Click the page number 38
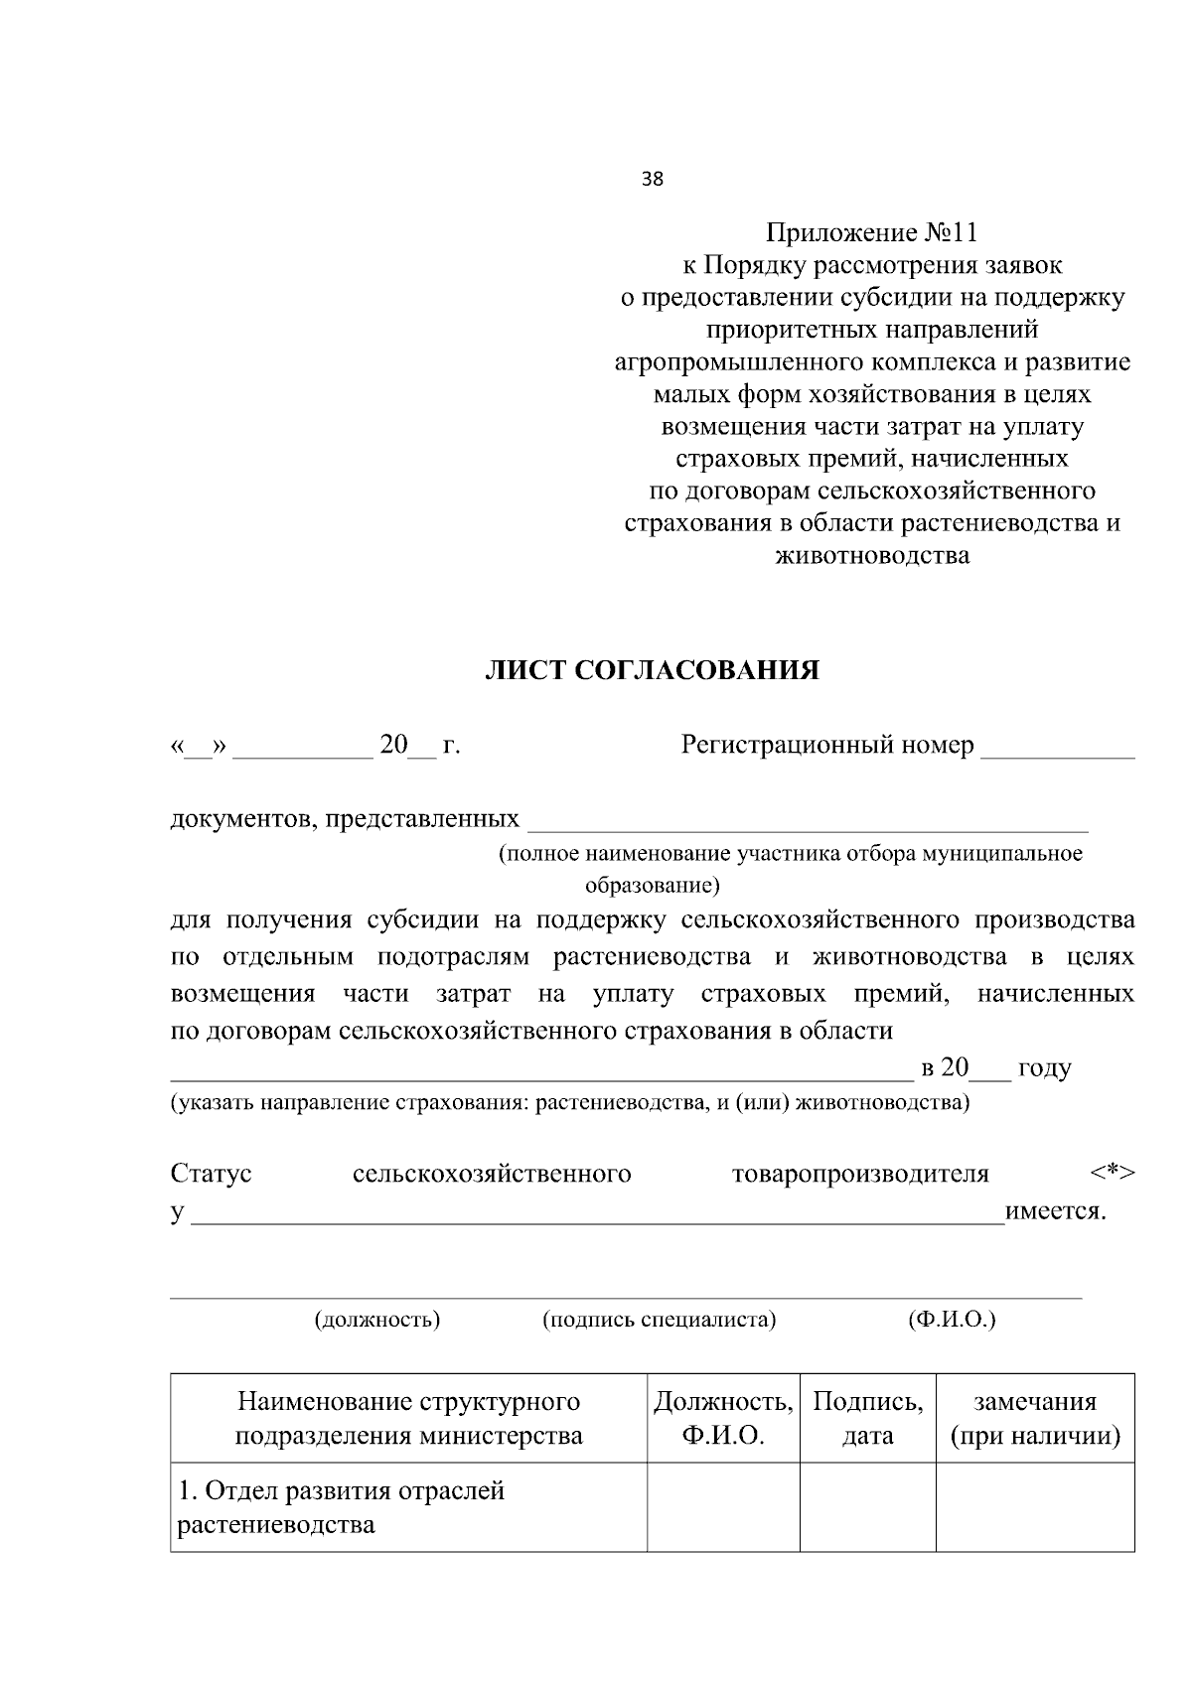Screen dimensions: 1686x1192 653,180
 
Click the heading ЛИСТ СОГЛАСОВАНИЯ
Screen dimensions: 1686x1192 652,671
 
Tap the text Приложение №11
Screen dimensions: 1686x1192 871,233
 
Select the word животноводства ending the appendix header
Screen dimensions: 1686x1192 871,556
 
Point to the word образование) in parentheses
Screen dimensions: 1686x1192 652,885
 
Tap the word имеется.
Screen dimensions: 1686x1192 1055,1211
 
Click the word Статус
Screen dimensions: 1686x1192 212,1174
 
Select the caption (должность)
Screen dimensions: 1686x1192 377,1320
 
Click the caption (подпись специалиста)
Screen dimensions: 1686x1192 659,1320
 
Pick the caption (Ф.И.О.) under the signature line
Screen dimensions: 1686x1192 952,1320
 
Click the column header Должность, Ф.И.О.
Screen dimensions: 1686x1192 723,1419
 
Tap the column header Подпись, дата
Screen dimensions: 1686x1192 867,1419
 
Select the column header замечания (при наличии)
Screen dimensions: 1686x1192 1035,1419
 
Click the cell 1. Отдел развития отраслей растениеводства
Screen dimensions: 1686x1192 341,1507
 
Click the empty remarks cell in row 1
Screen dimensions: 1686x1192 1035,1507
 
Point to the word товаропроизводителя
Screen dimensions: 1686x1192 860,1174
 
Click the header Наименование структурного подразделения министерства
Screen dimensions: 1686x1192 408,1419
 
